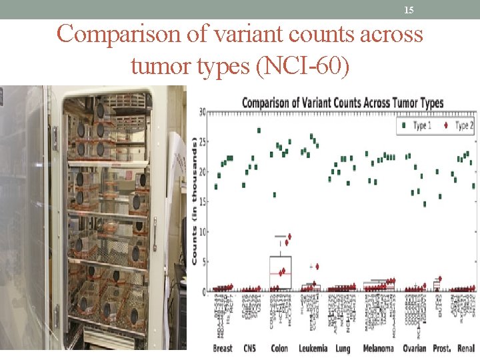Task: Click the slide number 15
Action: (x=409, y=10)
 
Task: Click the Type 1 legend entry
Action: (x=415, y=125)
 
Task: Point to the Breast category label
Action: (x=223, y=349)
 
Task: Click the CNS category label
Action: (x=250, y=349)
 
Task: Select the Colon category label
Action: (x=279, y=349)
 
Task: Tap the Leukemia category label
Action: (x=313, y=349)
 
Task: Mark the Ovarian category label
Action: (x=414, y=349)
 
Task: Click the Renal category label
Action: (x=467, y=349)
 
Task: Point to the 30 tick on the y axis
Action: (x=201, y=111)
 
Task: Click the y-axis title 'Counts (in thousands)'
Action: (x=194, y=200)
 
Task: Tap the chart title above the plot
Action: (x=342, y=103)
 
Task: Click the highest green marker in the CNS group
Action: (x=259, y=131)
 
